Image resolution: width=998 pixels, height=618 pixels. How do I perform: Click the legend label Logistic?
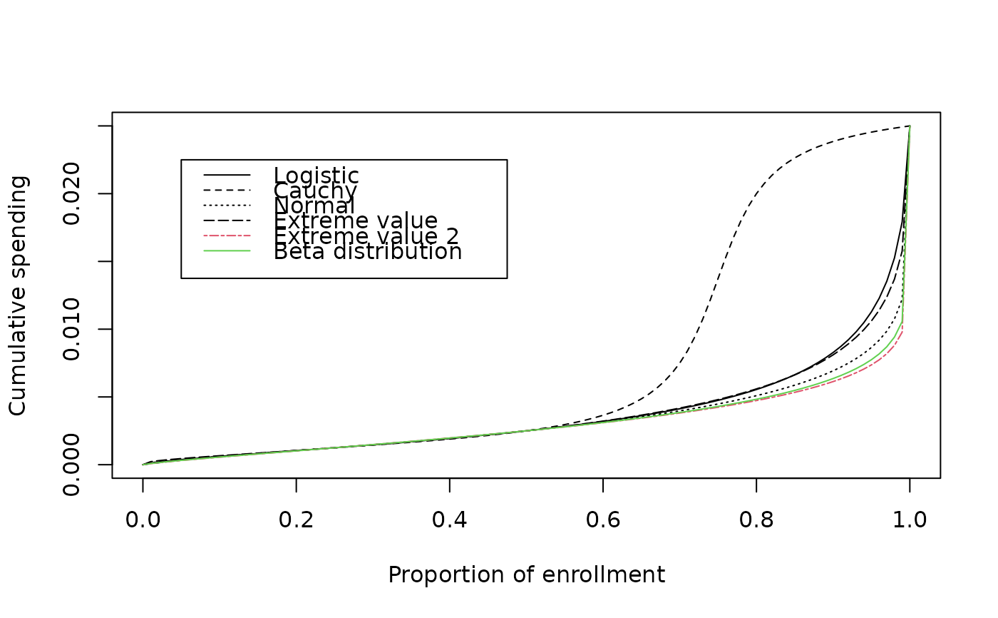(x=316, y=176)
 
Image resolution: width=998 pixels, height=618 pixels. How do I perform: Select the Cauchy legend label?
(x=315, y=191)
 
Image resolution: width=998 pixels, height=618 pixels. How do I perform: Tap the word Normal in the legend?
(x=314, y=206)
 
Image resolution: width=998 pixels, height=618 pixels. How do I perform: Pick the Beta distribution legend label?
(x=368, y=251)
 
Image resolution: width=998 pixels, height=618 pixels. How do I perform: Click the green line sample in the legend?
(x=227, y=251)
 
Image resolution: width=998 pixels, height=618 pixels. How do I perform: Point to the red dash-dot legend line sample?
(x=227, y=236)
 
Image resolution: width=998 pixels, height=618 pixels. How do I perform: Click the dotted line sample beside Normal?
(x=227, y=206)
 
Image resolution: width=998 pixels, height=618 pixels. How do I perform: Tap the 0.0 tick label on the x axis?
(x=143, y=520)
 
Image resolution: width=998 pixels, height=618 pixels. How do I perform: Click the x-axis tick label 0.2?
(x=296, y=520)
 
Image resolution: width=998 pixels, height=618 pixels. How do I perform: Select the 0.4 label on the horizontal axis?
(x=450, y=520)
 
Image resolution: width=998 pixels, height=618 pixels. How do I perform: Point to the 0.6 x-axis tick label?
(x=603, y=520)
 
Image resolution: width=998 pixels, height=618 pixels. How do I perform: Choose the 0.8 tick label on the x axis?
(x=756, y=520)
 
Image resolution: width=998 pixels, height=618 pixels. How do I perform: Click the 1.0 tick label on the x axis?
(x=910, y=520)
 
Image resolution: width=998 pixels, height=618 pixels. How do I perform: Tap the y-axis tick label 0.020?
(x=71, y=193)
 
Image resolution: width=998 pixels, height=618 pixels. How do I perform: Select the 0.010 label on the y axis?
(x=71, y=329)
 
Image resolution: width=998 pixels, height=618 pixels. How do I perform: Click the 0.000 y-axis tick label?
(x=71, y=465)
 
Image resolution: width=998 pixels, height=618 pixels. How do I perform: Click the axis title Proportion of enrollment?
(x=526, y=575)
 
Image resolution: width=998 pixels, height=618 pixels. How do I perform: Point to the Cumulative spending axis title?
(x=19, y=295)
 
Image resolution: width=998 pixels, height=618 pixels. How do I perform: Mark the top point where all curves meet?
(x=910, y=126)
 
